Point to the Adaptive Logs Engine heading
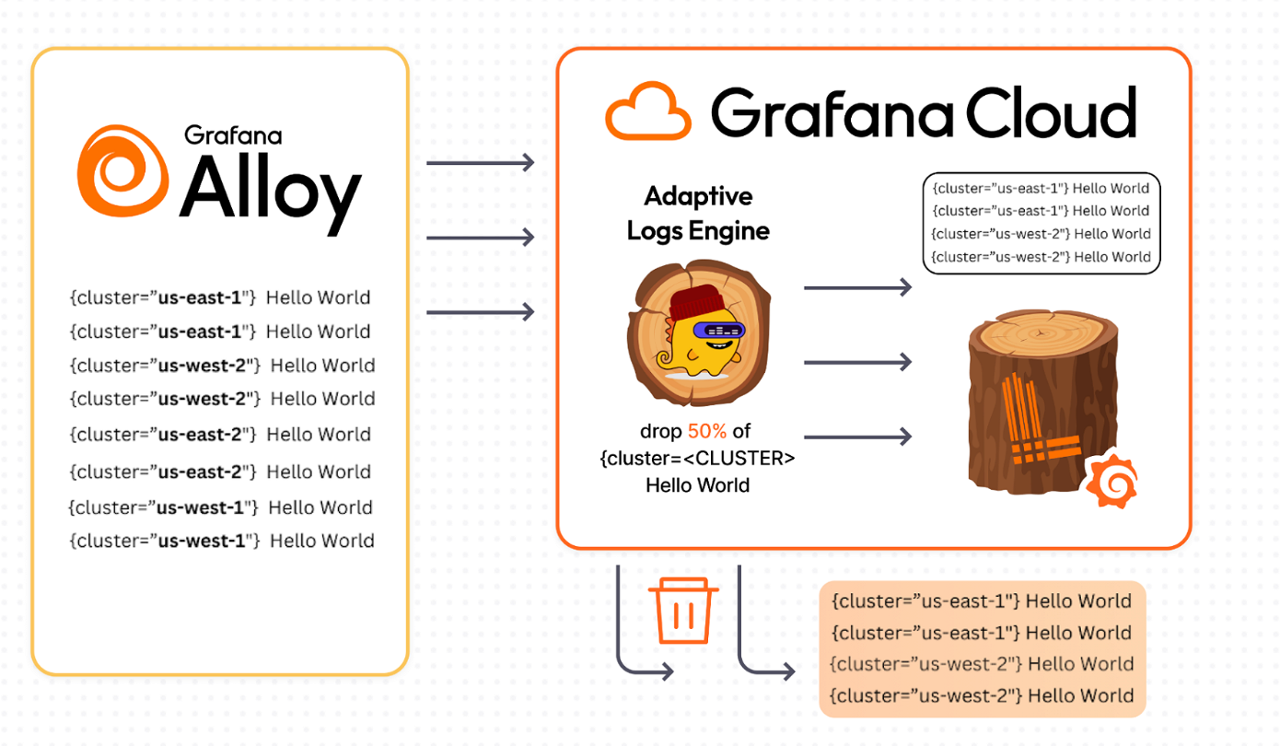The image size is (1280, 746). tap(698, 213)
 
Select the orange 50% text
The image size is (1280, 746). tap(706, 431)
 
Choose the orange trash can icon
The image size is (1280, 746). tap(683, 611)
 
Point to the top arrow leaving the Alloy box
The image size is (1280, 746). tap(480, 163)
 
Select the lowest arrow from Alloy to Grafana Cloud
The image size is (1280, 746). tap(480, 312)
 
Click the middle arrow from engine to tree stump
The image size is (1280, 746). tap(856, 362)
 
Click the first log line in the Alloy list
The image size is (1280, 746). tap(220, 297)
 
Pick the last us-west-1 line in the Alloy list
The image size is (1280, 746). tap(221, 541)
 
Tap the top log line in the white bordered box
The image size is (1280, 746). tap(1041, 188)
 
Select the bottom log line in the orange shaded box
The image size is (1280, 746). tap(982, 695)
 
